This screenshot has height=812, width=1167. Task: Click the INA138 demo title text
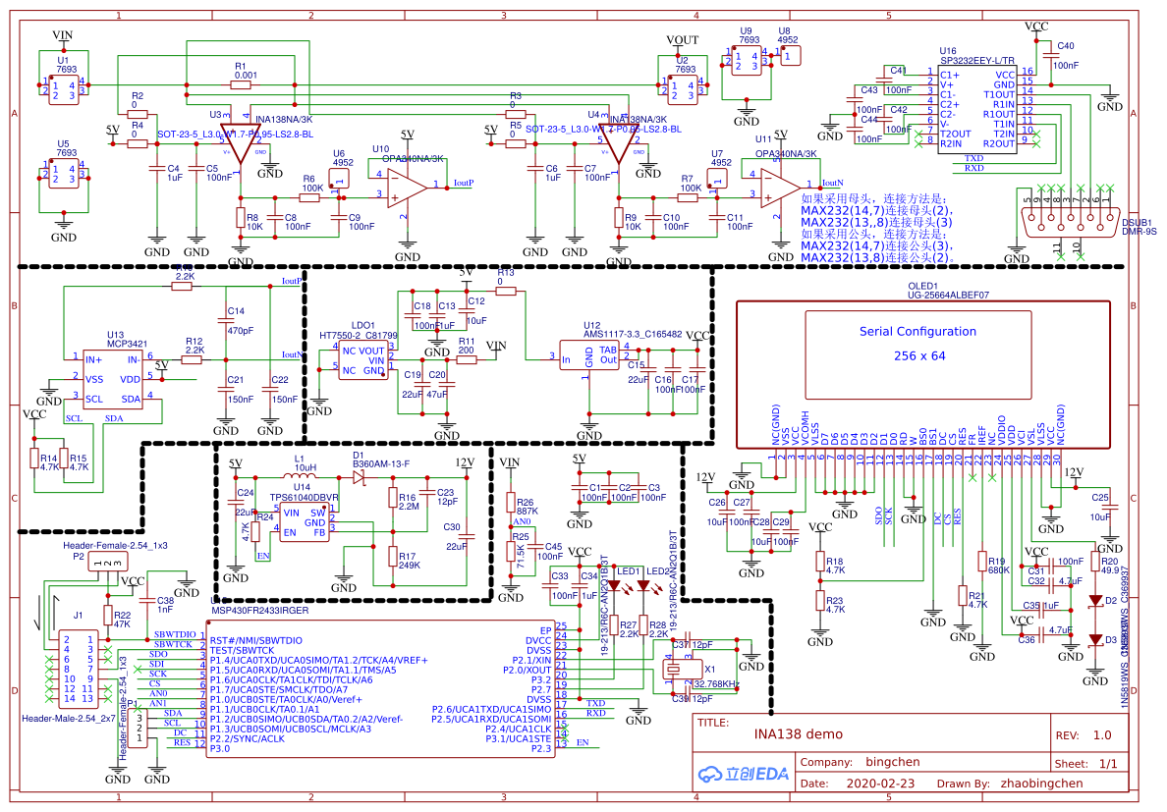click(x=798, y=734)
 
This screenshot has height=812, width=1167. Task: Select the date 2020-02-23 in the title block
click(x=879, y=785)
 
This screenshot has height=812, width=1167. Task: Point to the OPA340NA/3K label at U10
click(x=414, y=158)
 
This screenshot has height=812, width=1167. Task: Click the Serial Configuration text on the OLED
click(x=917, y=332)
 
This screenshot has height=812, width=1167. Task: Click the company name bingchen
click(x=892, y=762)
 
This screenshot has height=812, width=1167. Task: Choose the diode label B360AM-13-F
click(x=381, y=463)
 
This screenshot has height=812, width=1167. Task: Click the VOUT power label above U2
click(x=682, y=39)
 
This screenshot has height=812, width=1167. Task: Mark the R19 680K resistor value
click(x=999, y=570)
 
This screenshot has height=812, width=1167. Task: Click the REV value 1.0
click(x=1102, y=734)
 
